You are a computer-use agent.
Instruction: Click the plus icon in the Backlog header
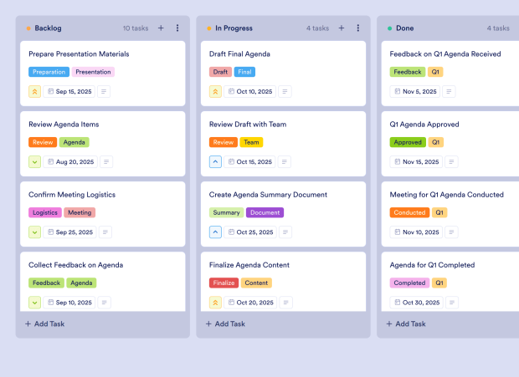161,28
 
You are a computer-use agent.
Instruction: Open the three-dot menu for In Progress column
358,28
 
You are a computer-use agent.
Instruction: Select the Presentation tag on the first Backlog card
93,72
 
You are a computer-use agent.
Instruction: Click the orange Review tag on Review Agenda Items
43,142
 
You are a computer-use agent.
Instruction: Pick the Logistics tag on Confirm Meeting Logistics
45,212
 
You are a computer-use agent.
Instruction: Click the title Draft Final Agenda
239,53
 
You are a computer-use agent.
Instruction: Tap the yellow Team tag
251,142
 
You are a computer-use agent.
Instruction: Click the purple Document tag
265,212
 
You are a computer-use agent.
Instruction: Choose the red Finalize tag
224,283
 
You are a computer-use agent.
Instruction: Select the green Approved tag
408,142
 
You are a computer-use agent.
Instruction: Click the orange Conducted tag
409,212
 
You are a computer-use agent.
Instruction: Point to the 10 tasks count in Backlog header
135,28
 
